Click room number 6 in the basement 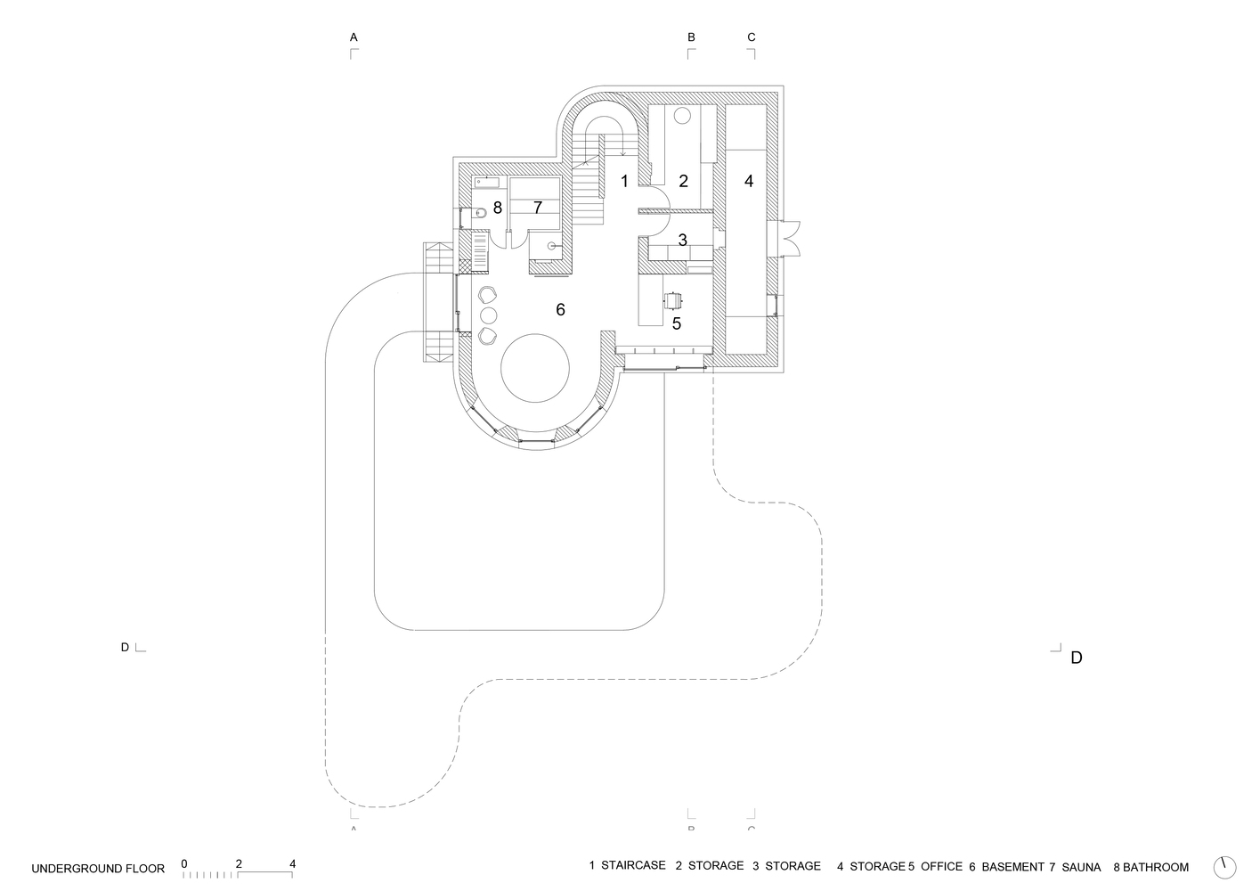560,309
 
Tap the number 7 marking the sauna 538,208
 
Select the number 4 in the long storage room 749,181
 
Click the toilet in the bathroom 477,213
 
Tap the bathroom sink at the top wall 486,183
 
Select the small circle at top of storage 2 683,115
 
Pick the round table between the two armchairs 488,315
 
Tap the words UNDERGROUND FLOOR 98,868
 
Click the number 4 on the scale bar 292,863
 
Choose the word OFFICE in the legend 941,867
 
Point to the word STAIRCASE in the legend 633,866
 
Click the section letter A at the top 354,37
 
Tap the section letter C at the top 751,37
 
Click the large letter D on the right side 1076,658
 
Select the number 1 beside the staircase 624,182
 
